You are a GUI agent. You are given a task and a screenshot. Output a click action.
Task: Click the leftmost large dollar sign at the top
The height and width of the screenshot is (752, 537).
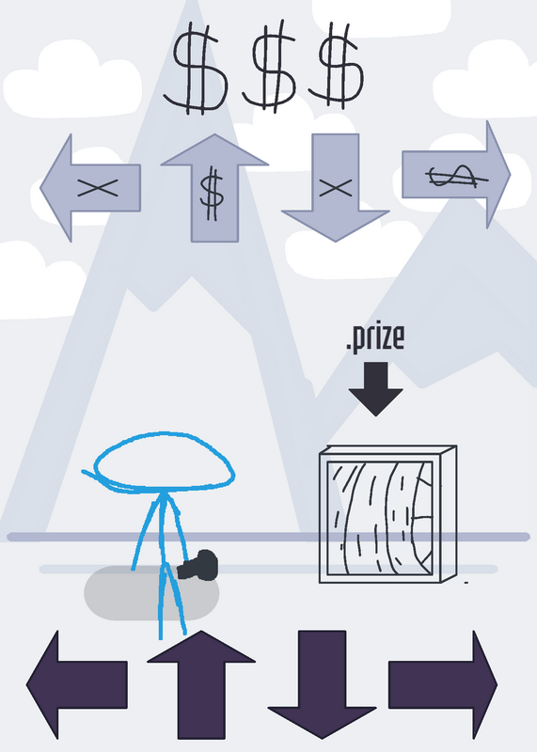coord(196,68)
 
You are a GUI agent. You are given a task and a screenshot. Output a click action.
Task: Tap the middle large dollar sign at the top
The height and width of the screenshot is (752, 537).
coord(270,67)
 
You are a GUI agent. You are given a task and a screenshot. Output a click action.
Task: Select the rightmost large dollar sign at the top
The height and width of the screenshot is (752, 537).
coord(337,66)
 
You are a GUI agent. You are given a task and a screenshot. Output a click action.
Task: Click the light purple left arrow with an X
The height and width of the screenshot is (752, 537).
coord(90,188)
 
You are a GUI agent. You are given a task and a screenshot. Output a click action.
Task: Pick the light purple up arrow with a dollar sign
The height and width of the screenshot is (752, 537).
coord(214,188)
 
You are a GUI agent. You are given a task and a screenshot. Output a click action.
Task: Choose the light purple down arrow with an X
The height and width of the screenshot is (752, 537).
coord(335,188)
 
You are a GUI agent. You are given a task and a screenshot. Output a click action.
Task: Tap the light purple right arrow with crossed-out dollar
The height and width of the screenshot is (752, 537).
coord(456,175)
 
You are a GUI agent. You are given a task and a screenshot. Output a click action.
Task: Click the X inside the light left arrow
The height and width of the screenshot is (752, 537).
coord(98,187)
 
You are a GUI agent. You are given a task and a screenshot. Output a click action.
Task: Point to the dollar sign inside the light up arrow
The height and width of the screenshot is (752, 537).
coord(212,196)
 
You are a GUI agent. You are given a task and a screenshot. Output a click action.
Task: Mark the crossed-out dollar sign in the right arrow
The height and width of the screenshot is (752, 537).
coord(457,177)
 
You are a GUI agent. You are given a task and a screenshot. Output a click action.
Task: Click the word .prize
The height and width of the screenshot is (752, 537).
coord(375,338)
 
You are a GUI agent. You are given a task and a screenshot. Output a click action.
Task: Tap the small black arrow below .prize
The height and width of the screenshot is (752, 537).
coord(375,389)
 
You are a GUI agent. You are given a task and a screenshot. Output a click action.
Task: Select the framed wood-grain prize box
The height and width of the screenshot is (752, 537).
coord(387,514)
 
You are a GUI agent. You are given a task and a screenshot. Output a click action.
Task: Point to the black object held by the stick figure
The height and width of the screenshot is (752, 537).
coord(198,566)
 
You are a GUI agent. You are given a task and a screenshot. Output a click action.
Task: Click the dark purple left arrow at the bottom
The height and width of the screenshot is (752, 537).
coord(77,685)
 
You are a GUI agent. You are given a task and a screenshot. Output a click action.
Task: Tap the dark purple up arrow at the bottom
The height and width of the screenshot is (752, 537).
coord(201,685)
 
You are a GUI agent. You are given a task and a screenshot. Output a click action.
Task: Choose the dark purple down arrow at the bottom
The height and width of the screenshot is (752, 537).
coord(322,685)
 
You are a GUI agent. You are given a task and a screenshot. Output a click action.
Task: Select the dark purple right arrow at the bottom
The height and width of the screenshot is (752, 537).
coord(443,685)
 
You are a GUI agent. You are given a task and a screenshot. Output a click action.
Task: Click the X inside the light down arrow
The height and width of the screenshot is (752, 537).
coord(336,187)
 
